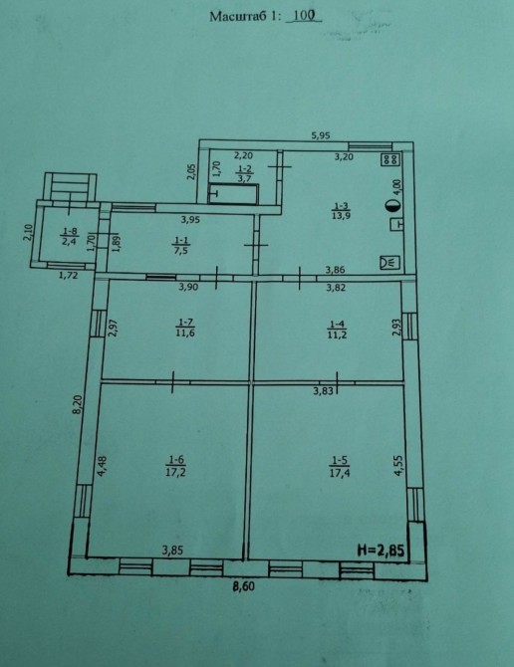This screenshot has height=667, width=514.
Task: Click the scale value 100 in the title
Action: point(304,16)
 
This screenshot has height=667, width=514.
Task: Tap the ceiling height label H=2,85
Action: point(381,550)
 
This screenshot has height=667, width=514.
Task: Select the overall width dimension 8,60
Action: point(243,585)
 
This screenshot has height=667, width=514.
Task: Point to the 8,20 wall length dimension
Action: point(77,404)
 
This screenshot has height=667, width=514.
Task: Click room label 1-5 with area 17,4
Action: point(339,466)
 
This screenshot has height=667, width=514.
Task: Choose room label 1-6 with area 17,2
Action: point(175,465)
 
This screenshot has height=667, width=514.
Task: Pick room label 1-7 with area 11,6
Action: point(185,328)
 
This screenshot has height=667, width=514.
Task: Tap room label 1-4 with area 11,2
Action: point(337,330)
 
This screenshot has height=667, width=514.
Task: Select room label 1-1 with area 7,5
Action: point(181,246)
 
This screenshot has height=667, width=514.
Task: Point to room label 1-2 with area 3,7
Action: point(244,174)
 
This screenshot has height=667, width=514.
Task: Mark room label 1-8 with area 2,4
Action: point(70,236)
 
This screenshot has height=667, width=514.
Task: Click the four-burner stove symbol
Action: point(391,160)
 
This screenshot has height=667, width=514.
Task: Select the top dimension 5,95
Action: point(321,135)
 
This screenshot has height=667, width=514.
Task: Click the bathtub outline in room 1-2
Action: point(233,193)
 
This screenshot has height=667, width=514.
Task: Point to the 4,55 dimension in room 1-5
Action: point(398,465)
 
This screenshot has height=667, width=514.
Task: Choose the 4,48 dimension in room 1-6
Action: point(103,466)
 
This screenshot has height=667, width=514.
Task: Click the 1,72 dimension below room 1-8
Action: point(68,275)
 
